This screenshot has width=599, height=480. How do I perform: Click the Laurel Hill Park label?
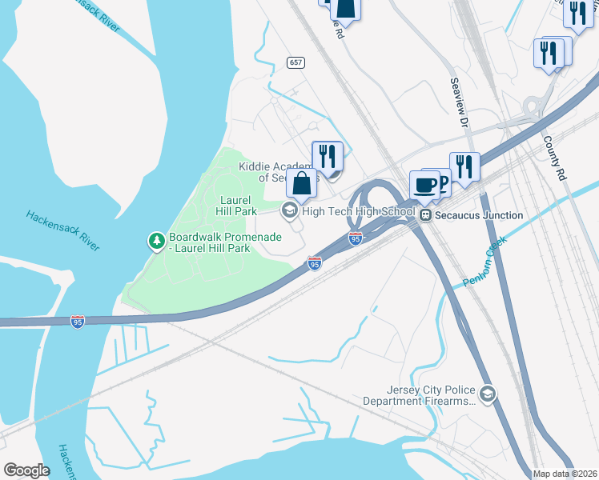click(x=235, y=205)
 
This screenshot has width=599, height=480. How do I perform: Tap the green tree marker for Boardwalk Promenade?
click(x=157, y=240)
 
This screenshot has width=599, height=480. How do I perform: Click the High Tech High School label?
click(x=359, y=211)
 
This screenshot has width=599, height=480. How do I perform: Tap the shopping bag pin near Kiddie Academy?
click(x=302, y=184)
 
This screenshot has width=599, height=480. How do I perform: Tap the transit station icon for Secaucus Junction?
click(x=426, y=215)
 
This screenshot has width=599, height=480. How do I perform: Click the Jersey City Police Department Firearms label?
click(x=419, y=395)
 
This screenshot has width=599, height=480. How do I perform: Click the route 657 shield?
click(x=295, y=62)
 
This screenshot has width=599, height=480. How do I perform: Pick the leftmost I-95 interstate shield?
click(x=78, y=322)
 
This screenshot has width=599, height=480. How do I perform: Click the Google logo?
click(x=26, y=470)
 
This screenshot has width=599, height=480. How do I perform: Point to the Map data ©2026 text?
click(x=564, y=474)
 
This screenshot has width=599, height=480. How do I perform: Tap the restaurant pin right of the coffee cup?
click(x=464, y=166)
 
